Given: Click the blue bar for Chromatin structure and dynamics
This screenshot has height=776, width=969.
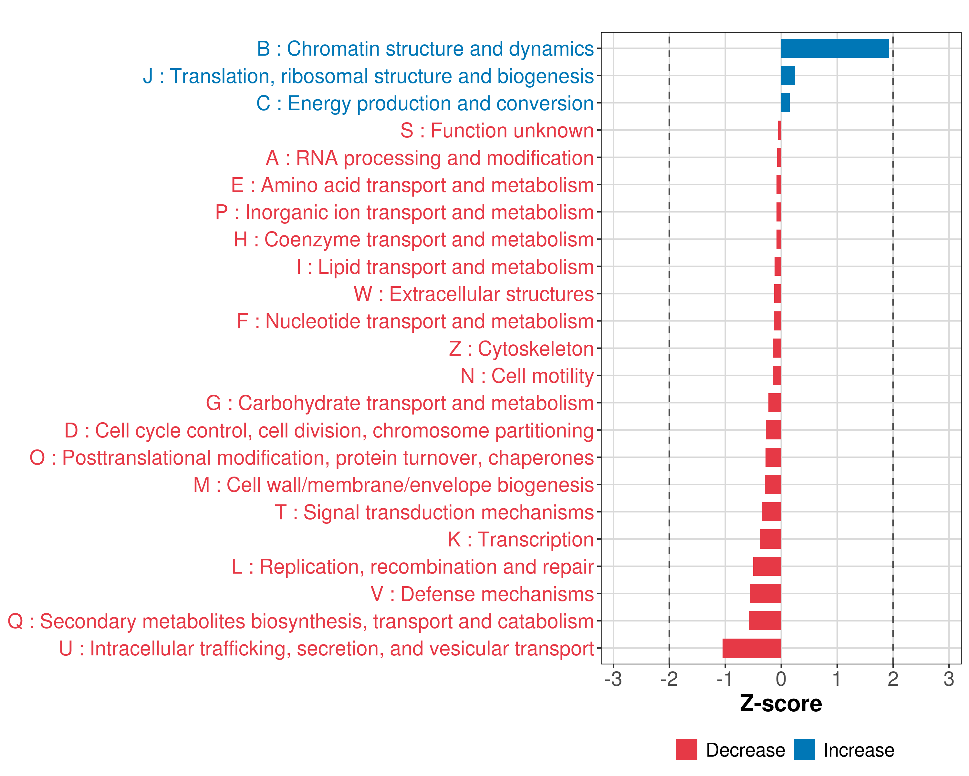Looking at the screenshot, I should click(x=835, y=48).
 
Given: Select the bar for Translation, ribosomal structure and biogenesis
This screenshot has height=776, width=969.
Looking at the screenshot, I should click(x=788, y=76).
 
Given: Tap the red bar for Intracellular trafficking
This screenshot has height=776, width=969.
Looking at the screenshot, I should click(x=752, y=648).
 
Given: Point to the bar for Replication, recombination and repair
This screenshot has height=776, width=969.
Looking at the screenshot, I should click(x=767, y=566).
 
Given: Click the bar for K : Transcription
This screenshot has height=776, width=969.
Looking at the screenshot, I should click(x=770, y=539).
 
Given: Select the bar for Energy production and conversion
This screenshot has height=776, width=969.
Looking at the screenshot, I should click(x=785, y=103).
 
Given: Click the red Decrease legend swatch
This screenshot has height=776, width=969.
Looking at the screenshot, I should click(x=686, y=750).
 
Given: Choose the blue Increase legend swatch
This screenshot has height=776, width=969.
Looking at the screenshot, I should click(x=804, y=750).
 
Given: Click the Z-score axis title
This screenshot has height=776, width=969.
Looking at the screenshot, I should click(x=781, y=704).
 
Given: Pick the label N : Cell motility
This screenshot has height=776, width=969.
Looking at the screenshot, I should click(x=527, y=376).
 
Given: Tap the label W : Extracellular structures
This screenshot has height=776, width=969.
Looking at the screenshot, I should click(x=474, y=294).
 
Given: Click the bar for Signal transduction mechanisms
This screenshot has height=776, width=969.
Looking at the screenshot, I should click(x=771, y=512).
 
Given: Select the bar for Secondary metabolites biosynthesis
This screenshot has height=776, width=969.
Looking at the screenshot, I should click(x=765, y=621).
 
